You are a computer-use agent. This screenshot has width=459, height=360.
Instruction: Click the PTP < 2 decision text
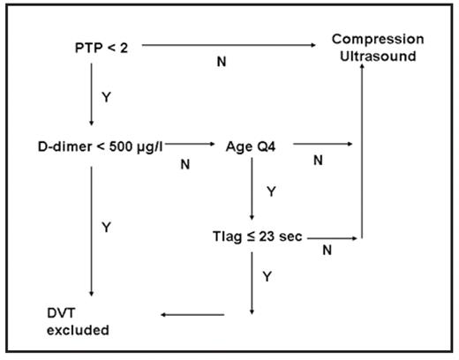(103, 46)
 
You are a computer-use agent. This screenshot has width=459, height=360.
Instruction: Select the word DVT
(64, 314)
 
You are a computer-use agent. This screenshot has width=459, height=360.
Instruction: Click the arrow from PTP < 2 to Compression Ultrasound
(229, 44)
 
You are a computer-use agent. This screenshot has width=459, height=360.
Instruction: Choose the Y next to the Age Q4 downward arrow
(270, 190)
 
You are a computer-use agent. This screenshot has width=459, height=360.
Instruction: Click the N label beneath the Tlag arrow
(326, 250)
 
